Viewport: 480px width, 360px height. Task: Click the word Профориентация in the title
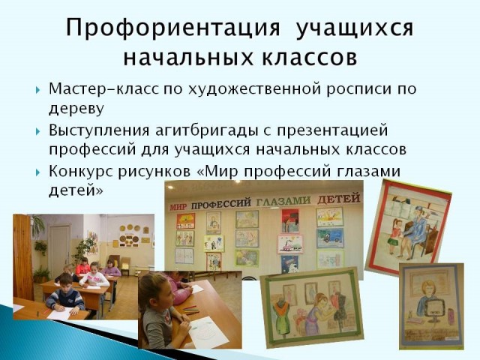173,28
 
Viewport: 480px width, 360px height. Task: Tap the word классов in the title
309,57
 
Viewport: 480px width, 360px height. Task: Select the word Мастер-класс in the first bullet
103,88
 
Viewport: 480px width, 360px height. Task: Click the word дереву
76,109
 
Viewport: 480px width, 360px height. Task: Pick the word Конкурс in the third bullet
82,171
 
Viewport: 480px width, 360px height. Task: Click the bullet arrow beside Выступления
37,132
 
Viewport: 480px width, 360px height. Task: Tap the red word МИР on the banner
178,207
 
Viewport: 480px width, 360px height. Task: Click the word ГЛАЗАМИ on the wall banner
283,201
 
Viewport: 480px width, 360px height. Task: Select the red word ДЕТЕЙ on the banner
338,199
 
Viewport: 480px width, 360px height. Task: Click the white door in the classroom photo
60,248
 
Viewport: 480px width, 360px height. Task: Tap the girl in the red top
83,266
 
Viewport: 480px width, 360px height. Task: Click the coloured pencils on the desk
190,309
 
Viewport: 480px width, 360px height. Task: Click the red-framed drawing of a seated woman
408,226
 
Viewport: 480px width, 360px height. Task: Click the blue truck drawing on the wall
330,238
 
